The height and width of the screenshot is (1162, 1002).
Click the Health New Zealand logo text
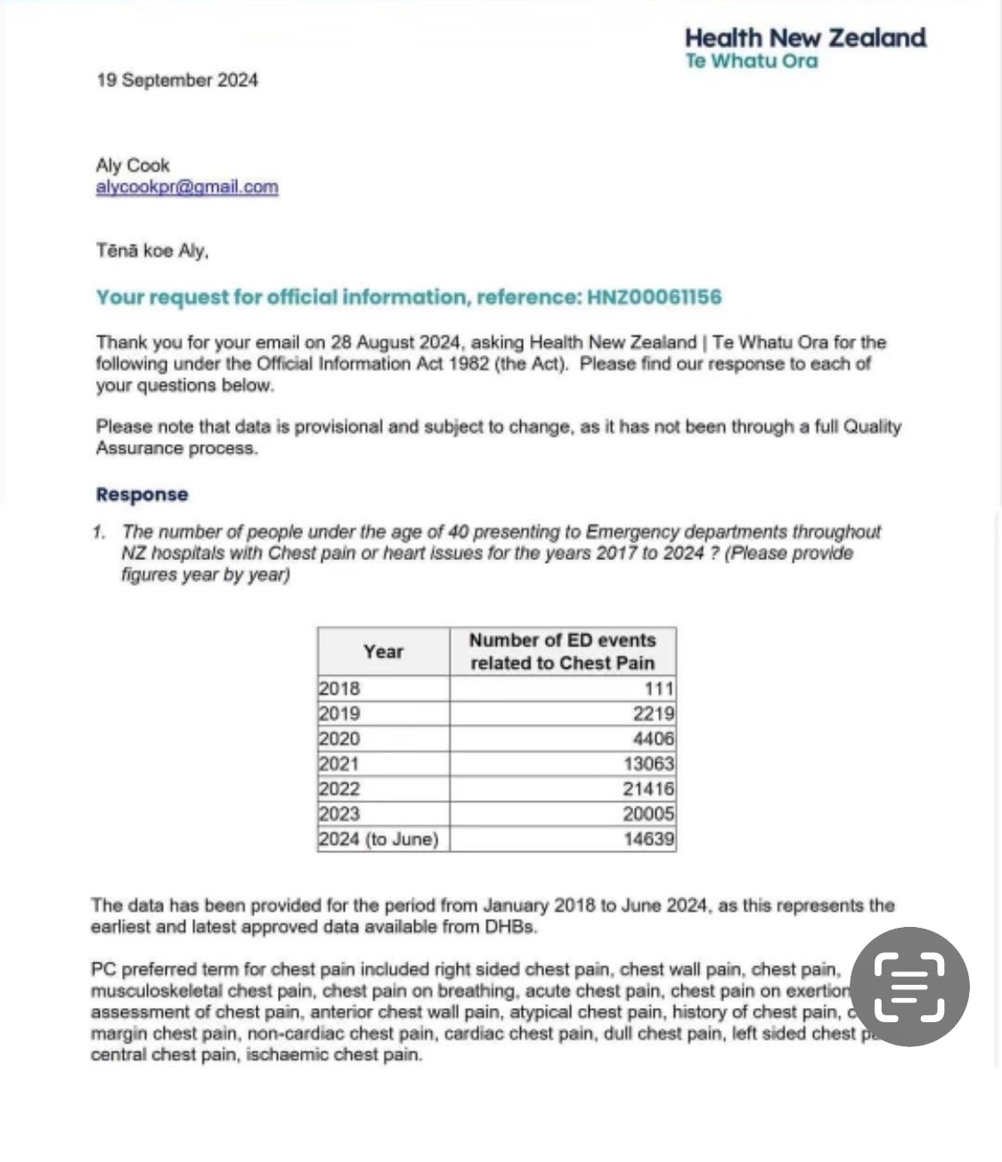(x=805, y=38)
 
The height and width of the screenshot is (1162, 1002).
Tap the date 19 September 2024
(x=177, y=80)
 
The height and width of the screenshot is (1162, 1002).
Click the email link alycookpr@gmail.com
(x=187, y=187)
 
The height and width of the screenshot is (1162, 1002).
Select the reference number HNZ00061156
(x=654, y=297)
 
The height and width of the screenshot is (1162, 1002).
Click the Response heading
(x=143, y=495)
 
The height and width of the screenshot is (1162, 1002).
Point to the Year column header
(x=384, y=652)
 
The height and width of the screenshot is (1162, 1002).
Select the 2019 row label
(x=339, y=713)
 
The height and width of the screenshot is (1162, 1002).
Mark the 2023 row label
(x=339, y=813)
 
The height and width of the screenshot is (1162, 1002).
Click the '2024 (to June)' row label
(x=379, y=839)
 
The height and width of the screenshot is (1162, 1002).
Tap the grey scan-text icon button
(x=910, y=986)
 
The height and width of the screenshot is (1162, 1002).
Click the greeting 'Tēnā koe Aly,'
(x=152, y=251)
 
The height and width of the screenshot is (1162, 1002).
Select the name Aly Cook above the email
(x=133, y=166)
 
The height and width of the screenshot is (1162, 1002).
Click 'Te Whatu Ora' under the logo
(x=751, y=61)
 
